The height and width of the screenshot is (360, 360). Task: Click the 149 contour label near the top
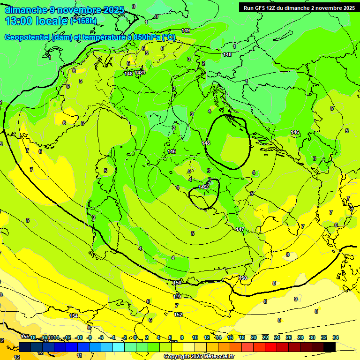(x=186, y=30)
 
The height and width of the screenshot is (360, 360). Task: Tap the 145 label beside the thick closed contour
(x=206, y=142)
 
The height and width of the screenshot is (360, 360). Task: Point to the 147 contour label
(x=240, y=229)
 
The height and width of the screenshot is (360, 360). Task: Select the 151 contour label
(x=177, y=297)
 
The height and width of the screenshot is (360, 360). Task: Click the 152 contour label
(x=178, y=315)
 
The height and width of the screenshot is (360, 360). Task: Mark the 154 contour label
(x=74, y=316)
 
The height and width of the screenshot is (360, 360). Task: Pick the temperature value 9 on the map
(x=295, y=299)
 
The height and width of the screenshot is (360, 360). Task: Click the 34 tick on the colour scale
(x=335, y=337)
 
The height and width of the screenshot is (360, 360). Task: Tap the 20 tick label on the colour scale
(x=254, y=337)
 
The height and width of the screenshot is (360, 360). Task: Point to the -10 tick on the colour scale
(x=79, y=337)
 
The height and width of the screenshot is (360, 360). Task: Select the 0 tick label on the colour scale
(x=135, y=337)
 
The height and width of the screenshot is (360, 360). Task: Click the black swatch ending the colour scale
(x=330, y=347)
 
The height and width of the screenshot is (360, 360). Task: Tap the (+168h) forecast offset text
(x=83, y=21)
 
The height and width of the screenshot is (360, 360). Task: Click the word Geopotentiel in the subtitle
(x=27, y=37)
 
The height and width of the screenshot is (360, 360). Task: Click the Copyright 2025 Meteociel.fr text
(x=199, y=356)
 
